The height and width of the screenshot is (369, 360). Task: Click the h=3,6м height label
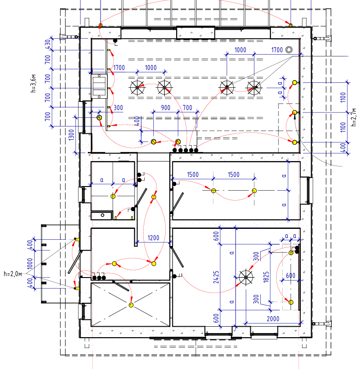pyautogui.click(x=34, y=84)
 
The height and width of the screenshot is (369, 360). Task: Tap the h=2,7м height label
pyautogui.click(x=354, y=117)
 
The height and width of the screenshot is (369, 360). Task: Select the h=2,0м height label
pyautogui.click(x=13, y=274)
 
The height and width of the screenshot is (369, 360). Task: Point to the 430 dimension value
pyautogui.click(x=48, y=44)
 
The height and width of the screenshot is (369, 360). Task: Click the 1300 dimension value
pyautogui.click(x=71, y=135)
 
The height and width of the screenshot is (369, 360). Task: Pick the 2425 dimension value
pyautogui.click(x=216, y=277)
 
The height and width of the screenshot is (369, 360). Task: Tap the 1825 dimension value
pyautogui.click(x=266, y=277)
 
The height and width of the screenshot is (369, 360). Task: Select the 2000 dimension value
pyautogui.click(x=273, y=319)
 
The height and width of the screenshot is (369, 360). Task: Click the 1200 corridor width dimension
pyautogui.click(x=153, y=238)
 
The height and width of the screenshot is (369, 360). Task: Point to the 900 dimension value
pyautogui.click(x=166, y=108)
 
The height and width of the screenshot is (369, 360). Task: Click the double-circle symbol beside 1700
pyautogui.click(x=289, y=50)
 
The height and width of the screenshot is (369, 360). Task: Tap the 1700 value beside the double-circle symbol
pyautogui.click(x=277, y=50)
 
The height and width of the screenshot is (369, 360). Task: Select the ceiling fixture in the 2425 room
pyautogui.click(x=246, y=277)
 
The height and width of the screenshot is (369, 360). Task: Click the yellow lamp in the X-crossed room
pyautogui.click(x=131, y=305)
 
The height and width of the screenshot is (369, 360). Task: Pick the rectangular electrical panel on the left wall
pyautogui.click(x=99, y=86)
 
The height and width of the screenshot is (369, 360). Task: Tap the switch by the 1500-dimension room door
pyautogui.click(x=174, y=183)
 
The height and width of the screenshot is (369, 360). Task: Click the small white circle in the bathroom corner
pyautogui.click(x=102, y=215)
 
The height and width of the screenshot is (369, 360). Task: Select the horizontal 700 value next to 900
pyautogui.click(x=188, y=108)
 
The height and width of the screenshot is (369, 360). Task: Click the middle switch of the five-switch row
pyautogui.click(x=186, y=150)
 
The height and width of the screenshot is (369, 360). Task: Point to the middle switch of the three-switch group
pyautogui.click(x=99, y=278)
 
